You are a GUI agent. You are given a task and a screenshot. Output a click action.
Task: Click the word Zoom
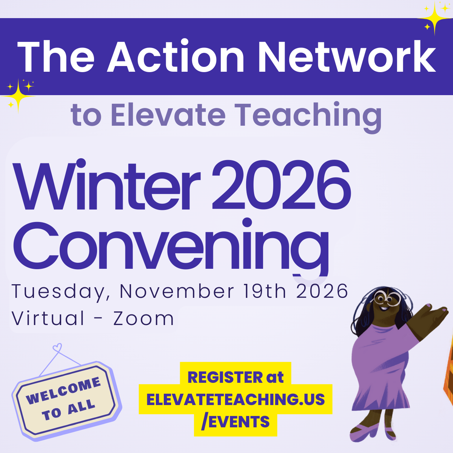[143, 318]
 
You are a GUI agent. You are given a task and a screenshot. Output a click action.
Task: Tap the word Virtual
[48, 318]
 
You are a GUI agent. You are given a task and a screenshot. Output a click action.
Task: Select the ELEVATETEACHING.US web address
[236, 399]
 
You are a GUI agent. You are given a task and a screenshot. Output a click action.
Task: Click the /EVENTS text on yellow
[236, 422]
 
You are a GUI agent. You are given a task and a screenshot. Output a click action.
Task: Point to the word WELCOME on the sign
[63, 391]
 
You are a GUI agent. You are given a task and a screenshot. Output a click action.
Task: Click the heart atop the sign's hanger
[57, 347]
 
